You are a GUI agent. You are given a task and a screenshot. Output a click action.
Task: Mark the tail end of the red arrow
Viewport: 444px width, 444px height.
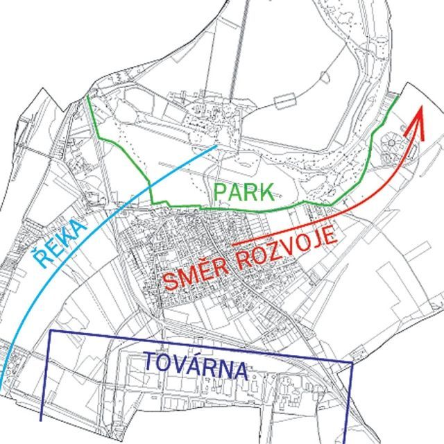tap(232, 244)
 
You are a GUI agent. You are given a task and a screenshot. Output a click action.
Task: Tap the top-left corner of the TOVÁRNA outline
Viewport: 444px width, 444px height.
tap(50, 332)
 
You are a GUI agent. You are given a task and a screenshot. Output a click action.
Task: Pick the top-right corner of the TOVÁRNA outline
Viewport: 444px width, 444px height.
tap(352, 363)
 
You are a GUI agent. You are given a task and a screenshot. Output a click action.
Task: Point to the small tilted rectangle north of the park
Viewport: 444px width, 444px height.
tap(285, 102)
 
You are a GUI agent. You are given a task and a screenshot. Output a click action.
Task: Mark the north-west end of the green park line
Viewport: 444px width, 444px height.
tap(89, 98)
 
